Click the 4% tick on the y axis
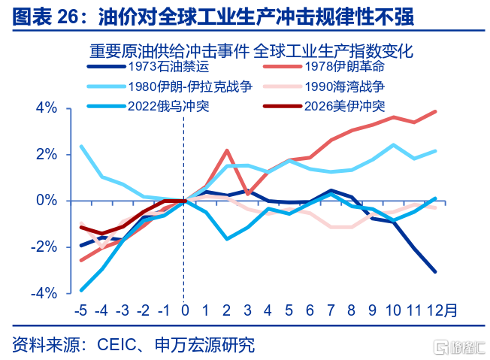(47, 109)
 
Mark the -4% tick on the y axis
(44, 292)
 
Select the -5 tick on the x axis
(80, 310)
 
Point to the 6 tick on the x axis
(310, 310)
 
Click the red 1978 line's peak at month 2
(227, 150)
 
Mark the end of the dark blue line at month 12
(435, 271)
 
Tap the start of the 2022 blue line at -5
(81, 289)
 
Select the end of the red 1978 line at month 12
(435, 112)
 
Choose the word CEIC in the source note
(116, 345)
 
